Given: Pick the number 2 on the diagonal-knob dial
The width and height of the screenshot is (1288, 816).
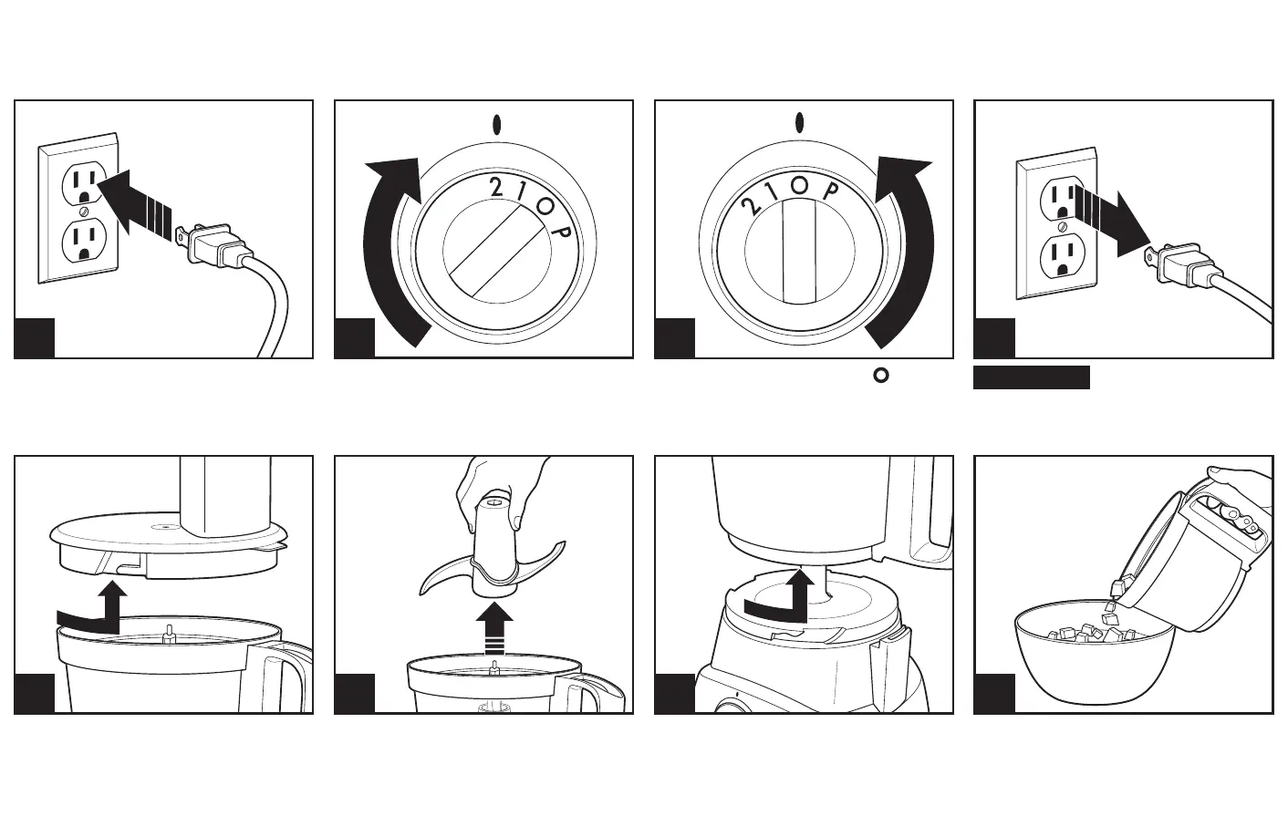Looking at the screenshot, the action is pos(496,188).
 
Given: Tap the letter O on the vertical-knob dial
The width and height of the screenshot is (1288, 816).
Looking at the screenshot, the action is pos(800,185).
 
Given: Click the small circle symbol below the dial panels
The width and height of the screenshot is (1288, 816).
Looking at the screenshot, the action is pos(881,374).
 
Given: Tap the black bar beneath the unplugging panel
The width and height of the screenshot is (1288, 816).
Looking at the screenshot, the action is pos(1031,377).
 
